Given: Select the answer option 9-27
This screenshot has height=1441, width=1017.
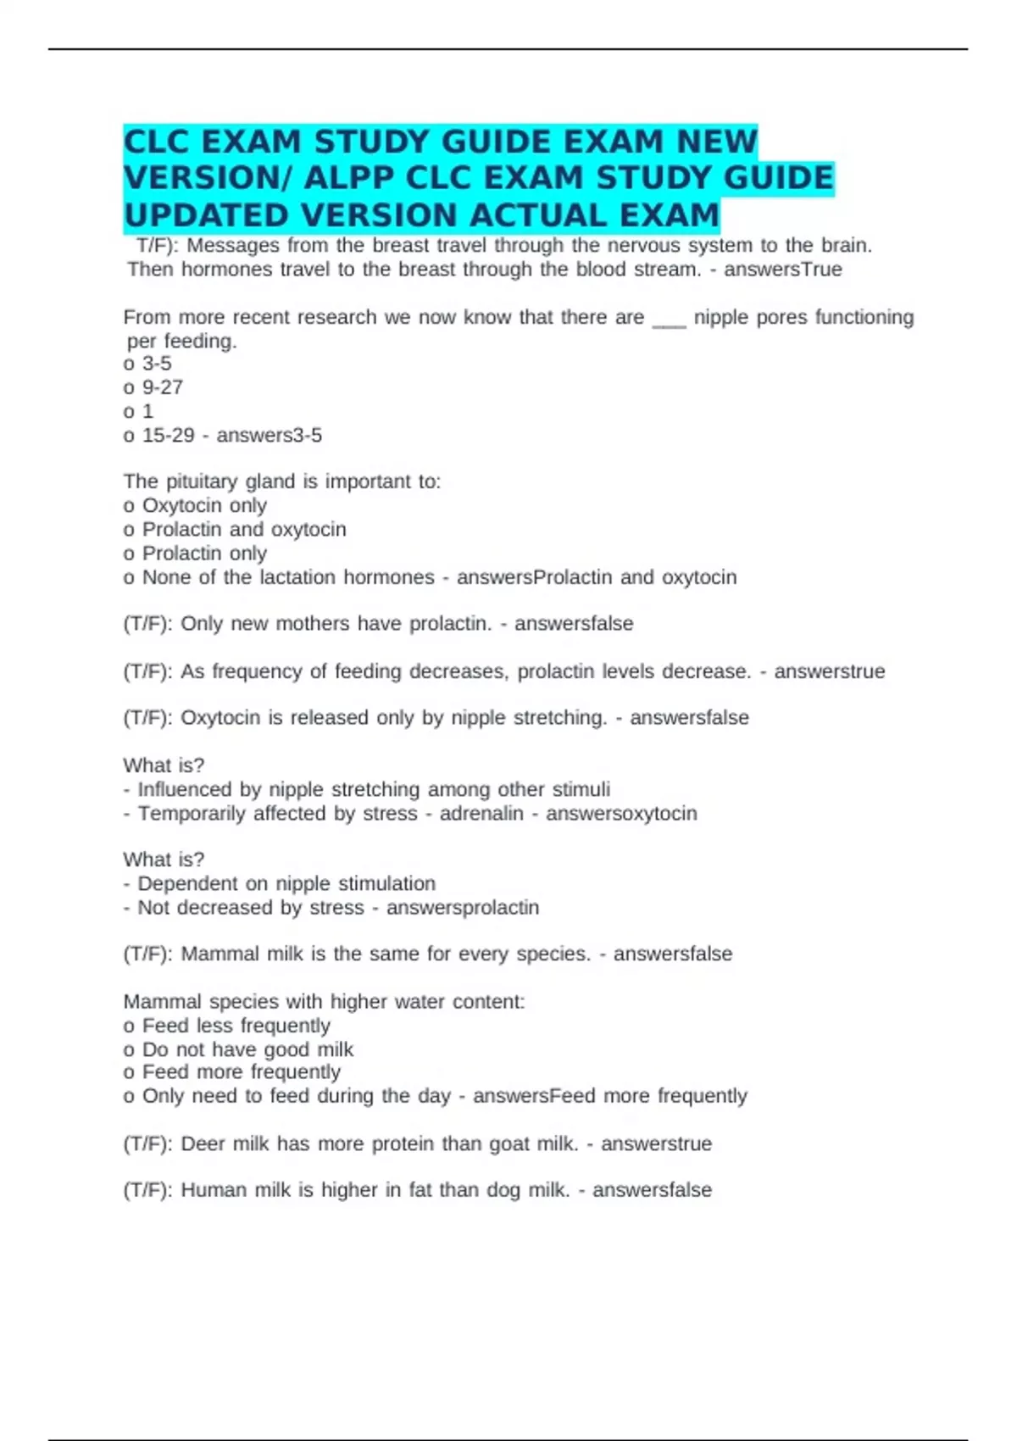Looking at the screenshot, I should pyautogui.click(x=162, y=387).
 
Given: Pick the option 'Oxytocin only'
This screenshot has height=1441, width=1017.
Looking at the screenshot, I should pyautogui.click(x=204, y=506).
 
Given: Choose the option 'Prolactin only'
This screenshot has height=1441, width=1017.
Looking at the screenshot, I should pyautogui.click(x=204, y=554).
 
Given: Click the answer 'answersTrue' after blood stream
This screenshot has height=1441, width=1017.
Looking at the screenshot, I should pyautogui.click(x=782, y=270).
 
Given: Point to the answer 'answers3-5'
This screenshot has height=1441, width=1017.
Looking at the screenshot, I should pyautogui.click(x=270, y=436).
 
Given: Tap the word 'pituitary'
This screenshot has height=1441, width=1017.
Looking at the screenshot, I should pyautogui.click(x=198, y=482).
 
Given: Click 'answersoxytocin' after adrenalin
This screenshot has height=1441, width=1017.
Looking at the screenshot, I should pyautogui.click(x=621, y=814).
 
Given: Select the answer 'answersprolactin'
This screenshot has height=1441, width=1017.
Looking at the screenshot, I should pyautogui.click(x=463, y=908).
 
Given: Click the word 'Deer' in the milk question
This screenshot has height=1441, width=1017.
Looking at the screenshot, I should pyautogui.click(x=203, y=1143).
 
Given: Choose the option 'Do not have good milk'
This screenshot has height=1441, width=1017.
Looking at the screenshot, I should pyautogui.click(x=247, y=1049).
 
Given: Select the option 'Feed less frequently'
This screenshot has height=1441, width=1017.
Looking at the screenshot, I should pyautogui.click(x=236, y=1026).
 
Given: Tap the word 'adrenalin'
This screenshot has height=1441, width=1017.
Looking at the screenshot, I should pyautogui.click(x=481, y=814).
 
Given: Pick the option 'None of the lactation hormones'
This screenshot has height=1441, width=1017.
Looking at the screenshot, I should pyautogui.click(x=288, y=577).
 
